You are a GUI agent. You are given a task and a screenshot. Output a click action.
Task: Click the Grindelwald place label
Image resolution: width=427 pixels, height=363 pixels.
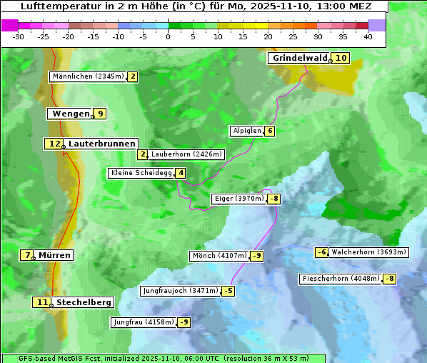point(299,58)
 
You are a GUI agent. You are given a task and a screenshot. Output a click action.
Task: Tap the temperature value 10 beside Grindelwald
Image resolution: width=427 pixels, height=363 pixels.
point(341,58)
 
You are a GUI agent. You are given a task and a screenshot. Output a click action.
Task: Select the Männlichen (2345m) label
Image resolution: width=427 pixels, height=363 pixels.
point(88,76)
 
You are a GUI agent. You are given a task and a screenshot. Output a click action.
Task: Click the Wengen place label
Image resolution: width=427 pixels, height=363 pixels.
point(70,114)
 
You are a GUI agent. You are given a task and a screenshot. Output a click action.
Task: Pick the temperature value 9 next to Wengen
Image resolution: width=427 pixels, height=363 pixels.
point(101,114)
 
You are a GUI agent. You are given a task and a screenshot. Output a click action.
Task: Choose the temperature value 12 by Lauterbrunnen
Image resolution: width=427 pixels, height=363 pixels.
point(54,144)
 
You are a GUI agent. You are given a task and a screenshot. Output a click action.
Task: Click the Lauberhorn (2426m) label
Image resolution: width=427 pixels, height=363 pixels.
point(187,154)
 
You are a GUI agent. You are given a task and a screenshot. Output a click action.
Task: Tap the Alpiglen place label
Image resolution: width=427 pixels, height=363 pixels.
point(246,131)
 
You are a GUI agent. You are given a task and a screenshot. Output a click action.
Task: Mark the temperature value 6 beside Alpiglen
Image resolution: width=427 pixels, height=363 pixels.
point(270,131)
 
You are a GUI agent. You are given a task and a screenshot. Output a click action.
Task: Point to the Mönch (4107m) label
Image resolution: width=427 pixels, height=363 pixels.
point(219,256)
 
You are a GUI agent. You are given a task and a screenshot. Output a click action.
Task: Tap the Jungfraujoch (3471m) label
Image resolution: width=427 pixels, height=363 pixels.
point(181,291)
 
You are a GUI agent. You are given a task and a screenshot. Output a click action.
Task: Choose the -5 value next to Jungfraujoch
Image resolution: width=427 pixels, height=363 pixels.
point(228,291)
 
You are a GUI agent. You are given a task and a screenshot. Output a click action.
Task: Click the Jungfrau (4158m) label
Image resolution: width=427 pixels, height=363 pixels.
point(144,322)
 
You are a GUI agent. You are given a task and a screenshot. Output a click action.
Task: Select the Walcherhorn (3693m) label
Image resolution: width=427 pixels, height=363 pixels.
point(369,252)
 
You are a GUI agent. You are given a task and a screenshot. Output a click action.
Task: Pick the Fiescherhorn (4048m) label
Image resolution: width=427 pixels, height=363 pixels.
point(340,279)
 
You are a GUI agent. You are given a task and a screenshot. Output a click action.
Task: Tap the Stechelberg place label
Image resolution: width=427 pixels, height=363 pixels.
point(84,302)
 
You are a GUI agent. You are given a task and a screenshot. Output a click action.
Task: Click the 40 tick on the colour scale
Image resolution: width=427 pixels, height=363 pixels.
point(368,36)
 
